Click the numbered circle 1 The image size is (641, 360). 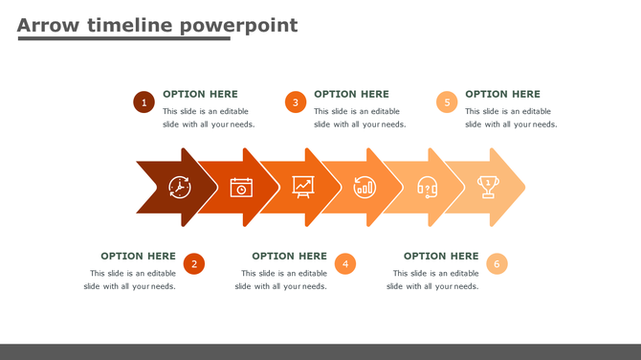[144, 102]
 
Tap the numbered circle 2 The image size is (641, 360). [194, 264]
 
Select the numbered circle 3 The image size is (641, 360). [296, 102]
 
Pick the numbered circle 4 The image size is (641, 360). [345, 264]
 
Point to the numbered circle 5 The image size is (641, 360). [447, 102]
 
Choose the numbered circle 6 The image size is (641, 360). [497, 264]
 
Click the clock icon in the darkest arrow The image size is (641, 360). [180, 187]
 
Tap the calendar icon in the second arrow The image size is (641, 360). [241, 187]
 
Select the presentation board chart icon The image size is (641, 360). [303, 187]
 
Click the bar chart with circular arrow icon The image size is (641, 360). [365, 187]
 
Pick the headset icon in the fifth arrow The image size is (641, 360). [427, 187]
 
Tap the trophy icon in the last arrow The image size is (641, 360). [488, 187]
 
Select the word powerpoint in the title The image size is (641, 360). [238, 25]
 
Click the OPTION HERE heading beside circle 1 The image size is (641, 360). [200, 94]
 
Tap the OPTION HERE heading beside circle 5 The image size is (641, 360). [502, 94]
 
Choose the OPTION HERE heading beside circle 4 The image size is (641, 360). [289, 256]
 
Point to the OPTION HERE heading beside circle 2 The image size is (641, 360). [138, 256]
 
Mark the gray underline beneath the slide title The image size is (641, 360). [123, 39]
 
